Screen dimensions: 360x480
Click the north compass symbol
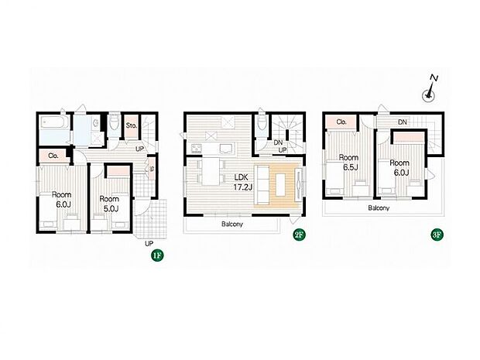pos(428,91)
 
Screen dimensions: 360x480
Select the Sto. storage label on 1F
pos(131,125)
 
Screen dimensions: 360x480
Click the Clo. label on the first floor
pos(53,156)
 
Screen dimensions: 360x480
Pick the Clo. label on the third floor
pos(341,122)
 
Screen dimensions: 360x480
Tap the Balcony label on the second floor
pos(231,225)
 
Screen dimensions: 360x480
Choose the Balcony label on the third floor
pos(379,208)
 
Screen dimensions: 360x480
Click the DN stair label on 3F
pos(403,122)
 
